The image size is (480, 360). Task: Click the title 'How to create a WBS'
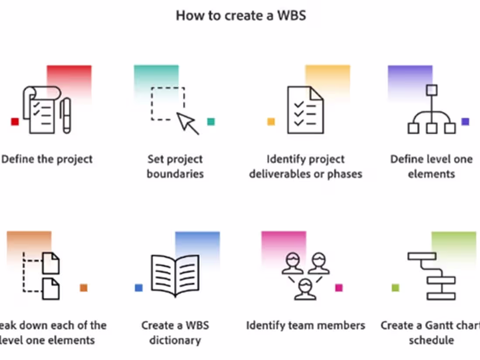240,16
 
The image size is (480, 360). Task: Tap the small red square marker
15,122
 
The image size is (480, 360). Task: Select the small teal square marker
211,122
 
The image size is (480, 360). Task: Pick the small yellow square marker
271,122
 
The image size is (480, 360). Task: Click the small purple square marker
465,122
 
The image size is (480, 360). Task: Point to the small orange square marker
83,288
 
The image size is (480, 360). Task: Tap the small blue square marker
139,288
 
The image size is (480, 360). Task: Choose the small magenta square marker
339,288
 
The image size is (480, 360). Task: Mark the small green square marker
395,288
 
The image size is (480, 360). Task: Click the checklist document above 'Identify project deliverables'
305,110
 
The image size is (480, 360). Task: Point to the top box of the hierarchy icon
432,90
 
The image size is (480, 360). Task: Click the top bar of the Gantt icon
422,256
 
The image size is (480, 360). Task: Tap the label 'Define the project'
47,159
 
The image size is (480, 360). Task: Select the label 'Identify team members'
305,325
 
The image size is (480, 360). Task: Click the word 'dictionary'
175,340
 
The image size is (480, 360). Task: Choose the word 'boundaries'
175,174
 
